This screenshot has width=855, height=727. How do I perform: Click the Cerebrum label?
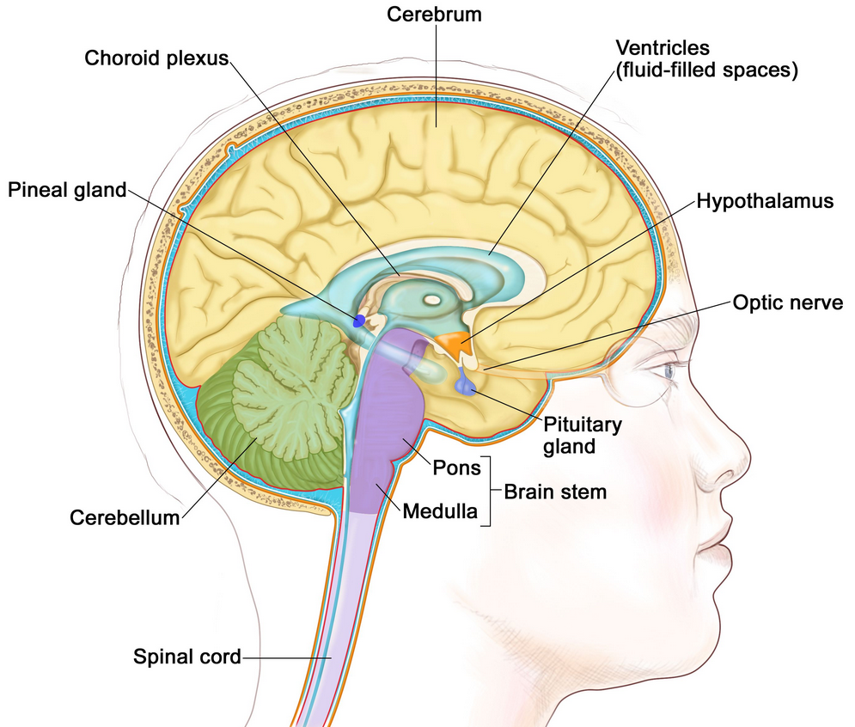(x=434, y=15)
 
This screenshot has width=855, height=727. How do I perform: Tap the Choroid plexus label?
(x=155, y=58)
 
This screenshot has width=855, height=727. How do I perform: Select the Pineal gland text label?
(x=67, y=189)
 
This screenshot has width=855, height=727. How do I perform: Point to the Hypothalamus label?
(x=766, y=201)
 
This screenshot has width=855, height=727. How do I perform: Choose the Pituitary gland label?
(x=583, y=435)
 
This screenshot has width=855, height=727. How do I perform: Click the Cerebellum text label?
(x=125, y=517)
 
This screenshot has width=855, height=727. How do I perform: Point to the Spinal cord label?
(x=187, y=657)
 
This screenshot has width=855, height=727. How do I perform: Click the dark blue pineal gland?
(x=360, y=321)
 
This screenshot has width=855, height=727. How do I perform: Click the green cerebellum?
(x=275, y=404)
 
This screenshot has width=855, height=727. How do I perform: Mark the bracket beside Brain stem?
(x=487, y=491)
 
